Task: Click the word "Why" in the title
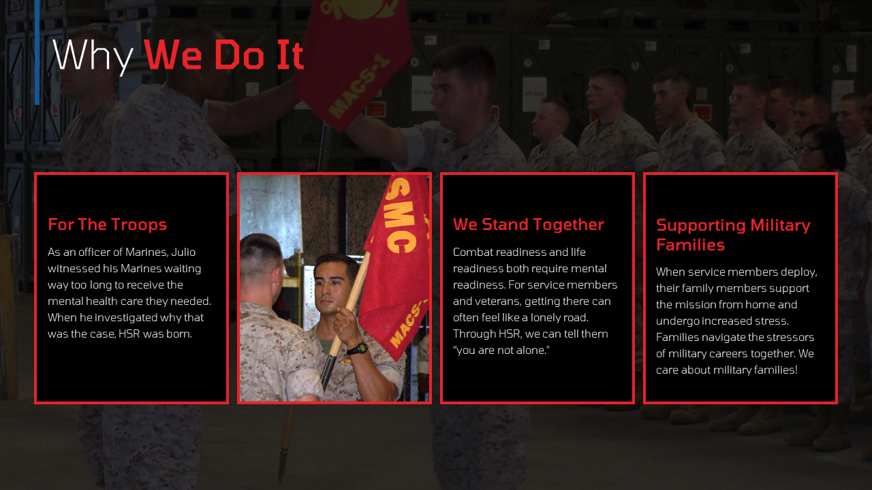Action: pyautogui.click(x=93, y=56)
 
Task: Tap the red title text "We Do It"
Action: pyautogui.click(x=223, y=55)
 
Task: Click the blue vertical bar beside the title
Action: pyautogui.click(x=37, y=52)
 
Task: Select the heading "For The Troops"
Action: pyautogui.click(x=107, y=225)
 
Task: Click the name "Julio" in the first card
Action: pyautogui.click(x=183, y=252)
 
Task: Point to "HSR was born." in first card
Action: pyautogui.click(x=155, y=333)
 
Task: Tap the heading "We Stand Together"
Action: pyautogui.click(x=528, y=225)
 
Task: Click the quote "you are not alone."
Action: pyautogui.click(x=501, y=350)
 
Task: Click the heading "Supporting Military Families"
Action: pyautogui.click(x=733, y=235)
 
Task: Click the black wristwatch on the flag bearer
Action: pyautogui.click(x=358, y=348)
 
